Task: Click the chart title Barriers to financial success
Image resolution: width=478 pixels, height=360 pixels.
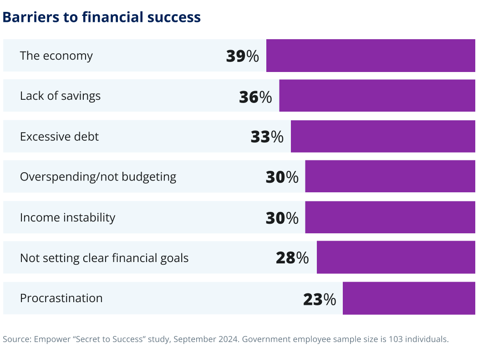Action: tap(102, 17)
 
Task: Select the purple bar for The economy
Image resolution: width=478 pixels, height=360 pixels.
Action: tap(371, 56)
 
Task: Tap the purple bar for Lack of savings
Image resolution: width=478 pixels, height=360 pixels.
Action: tap(377, 96)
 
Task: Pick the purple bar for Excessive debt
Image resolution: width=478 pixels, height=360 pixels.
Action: tap(383, 136)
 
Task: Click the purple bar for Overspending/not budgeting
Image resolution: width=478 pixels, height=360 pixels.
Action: tap(390, 176)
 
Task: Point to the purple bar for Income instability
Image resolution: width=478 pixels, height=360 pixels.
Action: tap(390, 217)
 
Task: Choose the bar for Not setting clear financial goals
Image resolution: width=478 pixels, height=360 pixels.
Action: tap(396, 257)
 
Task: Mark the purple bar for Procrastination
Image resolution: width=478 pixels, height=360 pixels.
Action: tap(409, 298)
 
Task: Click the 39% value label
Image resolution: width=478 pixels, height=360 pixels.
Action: tap(242, 56)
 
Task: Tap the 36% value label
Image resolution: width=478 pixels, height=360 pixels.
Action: tap(255, 97)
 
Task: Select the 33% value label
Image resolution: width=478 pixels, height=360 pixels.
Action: tap(267, 137)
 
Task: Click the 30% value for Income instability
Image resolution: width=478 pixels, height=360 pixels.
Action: tap(282, 218)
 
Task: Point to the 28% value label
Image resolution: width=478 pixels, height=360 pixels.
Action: tap(292, 258)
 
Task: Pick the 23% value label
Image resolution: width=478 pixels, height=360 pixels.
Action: tap(319, 299)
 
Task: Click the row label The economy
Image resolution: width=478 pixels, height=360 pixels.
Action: tap(56, 56)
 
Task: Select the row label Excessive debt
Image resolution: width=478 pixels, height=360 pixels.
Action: tap(59, 136)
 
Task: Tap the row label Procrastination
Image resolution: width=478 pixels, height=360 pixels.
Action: tap(61, 298)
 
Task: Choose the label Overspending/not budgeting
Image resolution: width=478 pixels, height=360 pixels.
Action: tap(98, 177)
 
